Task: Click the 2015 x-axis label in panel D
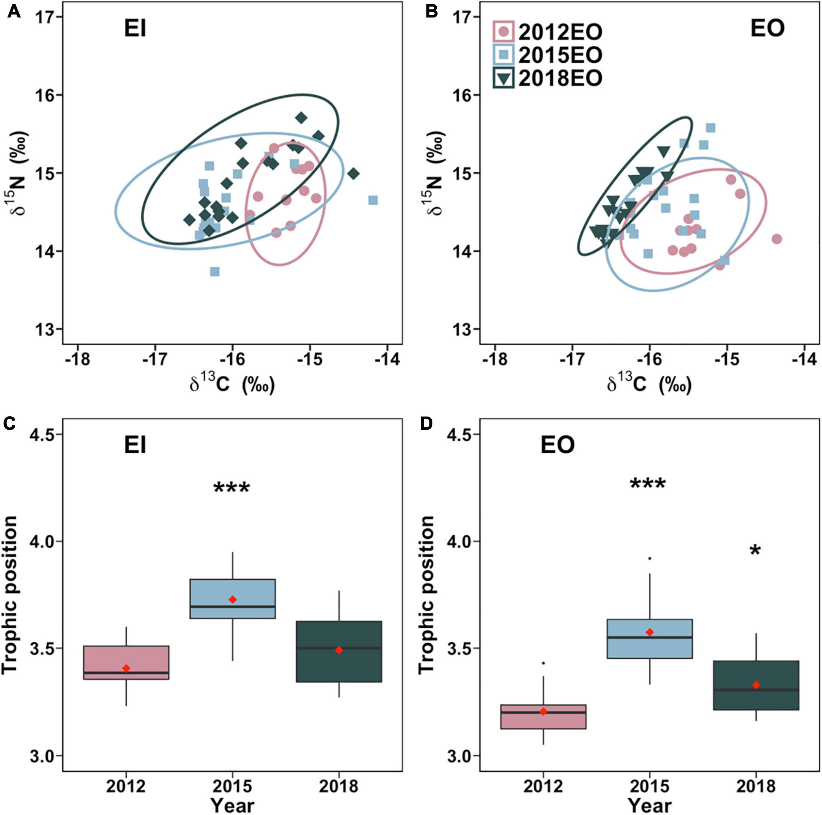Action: (650, 786)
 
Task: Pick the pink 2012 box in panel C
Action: (126, 663)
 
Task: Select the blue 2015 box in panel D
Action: (650, 639)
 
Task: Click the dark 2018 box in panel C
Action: (339, 652)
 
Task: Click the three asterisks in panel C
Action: (231, 488)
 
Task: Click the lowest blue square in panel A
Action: (215, 271)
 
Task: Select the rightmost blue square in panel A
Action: (373, 200)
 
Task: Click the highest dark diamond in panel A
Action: (301, 118)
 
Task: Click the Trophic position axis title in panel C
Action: (9, 595)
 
